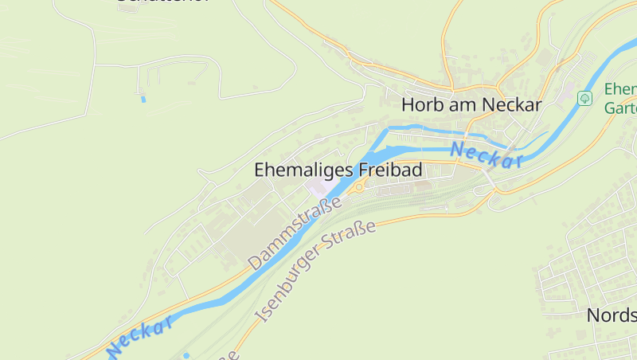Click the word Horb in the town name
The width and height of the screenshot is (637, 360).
[x=422, y=104]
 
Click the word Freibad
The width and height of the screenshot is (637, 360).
[x=390, y=170]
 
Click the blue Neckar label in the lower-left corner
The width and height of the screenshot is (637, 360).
[x=139, y=337]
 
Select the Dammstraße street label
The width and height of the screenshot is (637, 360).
[x=294, y=233]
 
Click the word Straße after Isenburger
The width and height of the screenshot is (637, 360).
[x=355, y=238]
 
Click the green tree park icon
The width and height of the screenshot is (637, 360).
[x=585, y=98]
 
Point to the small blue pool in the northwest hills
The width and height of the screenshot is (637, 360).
[x=143, y=99]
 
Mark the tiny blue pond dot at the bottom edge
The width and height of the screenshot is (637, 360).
[x=186, y=354]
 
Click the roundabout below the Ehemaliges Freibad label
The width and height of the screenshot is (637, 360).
[x=359, y=187]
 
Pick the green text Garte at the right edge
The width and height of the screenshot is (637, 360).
[x=620, y=108]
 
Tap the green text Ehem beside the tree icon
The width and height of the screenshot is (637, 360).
[x=619, y=88]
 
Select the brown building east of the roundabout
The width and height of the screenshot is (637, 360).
[x=423, y=185]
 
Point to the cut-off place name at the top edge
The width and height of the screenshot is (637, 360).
[x=163, y=2]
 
